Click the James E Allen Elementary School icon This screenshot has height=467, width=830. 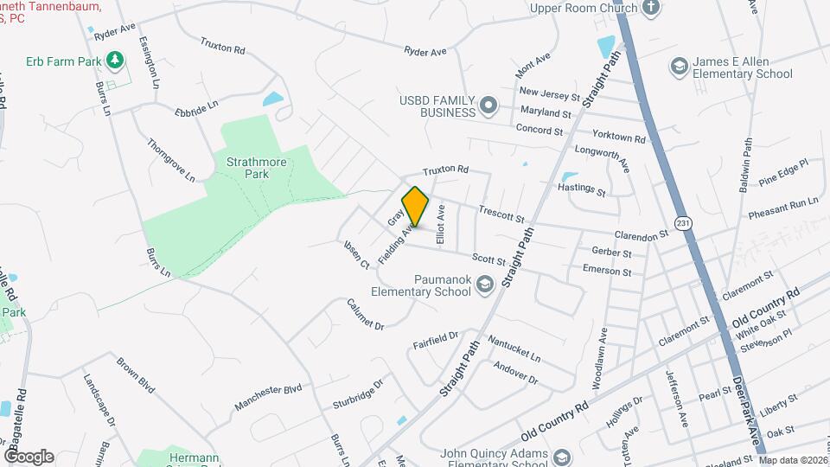(680, 67)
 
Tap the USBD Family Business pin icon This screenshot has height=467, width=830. (488, 106)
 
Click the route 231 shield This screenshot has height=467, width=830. (684, 222)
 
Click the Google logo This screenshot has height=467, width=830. (29, 456)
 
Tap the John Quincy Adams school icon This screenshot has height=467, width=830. (561, 457)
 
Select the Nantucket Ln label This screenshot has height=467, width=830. (514, 349)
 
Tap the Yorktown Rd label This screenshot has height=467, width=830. (618, 137)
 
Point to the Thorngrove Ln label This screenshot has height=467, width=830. (170, 160)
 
